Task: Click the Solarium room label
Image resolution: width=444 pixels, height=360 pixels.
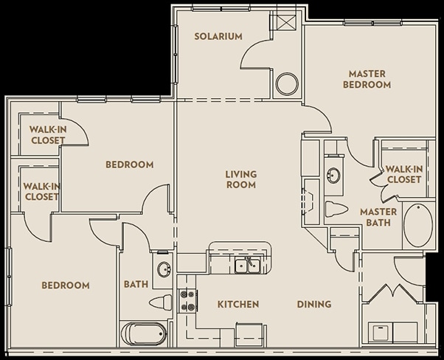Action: click(x=218, y=37)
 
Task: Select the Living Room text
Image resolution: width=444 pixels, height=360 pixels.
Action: click(x=240, y=179)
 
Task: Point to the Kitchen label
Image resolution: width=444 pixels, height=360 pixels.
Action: click(x=237, y=304)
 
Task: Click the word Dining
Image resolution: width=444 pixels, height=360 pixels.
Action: click(x=313, y=304)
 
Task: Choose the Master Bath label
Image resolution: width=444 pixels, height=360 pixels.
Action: click(x=378, y=218)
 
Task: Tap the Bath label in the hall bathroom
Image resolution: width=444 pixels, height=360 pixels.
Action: click(x=136, y=284)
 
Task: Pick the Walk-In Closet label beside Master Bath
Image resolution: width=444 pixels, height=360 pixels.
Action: click(x=403, y=174)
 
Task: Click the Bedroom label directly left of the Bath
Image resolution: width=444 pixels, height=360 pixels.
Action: click(x=65, y=285)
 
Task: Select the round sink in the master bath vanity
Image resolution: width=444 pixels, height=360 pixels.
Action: click(x=333, y=176)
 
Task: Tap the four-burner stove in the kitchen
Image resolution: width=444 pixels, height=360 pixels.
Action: click(x=187, y=300)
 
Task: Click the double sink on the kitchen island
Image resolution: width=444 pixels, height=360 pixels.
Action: click(x=246, y=265)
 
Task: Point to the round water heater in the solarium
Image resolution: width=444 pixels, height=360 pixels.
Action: click(x=286, y=84)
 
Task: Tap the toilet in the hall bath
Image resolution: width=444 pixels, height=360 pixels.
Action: click(x=160, y=302)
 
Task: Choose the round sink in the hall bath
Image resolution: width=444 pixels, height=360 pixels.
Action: click(x=163, y=269)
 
